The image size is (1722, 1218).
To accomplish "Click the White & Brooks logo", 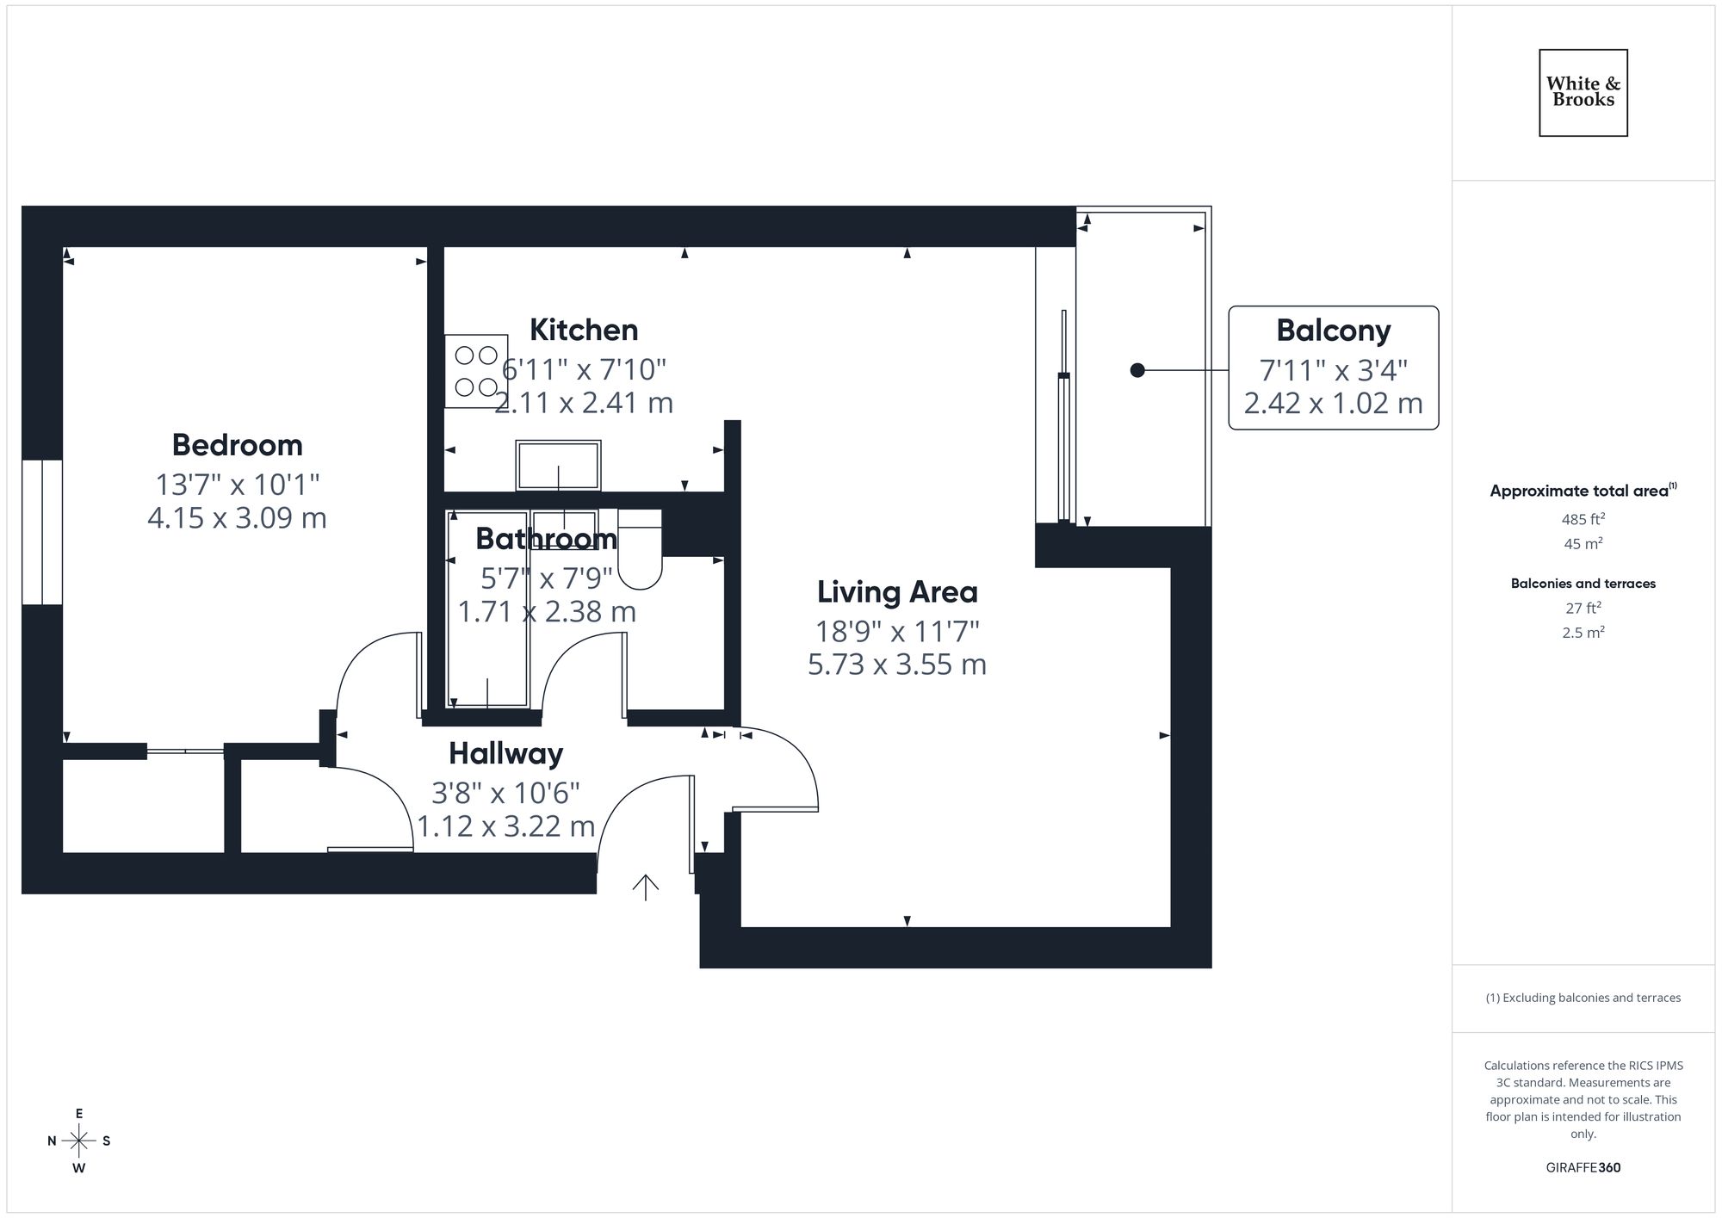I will pyautogui.click(x=1583, y=92).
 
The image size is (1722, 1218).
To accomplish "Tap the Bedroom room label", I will pyautogui.click(x=237, y=445).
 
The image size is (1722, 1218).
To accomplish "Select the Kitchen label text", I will pyautogui.click(x=584, y=330).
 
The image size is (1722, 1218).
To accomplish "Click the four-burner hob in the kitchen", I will pyautogui.click(x=476, y=371).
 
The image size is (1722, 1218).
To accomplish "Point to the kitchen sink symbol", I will pyautogui.click(x=558, y=466).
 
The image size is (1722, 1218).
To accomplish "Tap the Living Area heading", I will pyautogui.click(x=897, y=592).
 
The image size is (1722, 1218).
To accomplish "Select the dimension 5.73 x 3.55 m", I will pyautogui.click(x=897, y=665).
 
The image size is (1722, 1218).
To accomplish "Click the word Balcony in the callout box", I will pyautogui.click(x=1333, y=331).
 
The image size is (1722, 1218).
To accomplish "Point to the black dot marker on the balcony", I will pyautogui.click(x=1137, y=370).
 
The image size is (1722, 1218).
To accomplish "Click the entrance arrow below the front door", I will pyautogui.click(x=646, y=887).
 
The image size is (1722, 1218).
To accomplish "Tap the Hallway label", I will pyautogui.click(x=505, y=754).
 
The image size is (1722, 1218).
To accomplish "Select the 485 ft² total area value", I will pyautogui.click(x=1583, y=519).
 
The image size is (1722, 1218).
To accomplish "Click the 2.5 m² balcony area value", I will pyautogui.click(x=1583, y=632).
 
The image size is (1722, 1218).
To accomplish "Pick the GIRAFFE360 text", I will pyautogui.click(x=1583, y=1168).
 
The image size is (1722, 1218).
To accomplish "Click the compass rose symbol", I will pyautogui.click(x=79, y=1141).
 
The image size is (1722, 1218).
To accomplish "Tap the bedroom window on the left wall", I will pyautogui.click(x=42, y=532).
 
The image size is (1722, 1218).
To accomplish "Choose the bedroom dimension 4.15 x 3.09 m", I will pyautogui.click(x=237, y=518).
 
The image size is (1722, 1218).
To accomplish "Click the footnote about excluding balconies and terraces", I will pyautogui.click(x=1583, y=998).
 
